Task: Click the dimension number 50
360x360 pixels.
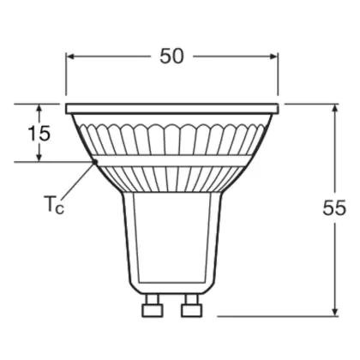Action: pyautogui.click(x=171, y=56)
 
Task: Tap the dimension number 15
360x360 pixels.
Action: pyautogui.click(x=39, y=133)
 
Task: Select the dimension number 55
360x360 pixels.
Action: pyautogui.click(x=334, y=207)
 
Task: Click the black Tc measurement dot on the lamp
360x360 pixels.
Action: pyautogui.click(x=95, y=162)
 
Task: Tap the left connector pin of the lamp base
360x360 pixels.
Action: pyautogui.click(x=153, y=306)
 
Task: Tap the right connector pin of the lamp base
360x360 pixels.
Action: pyautogui.click(x=192, y=306)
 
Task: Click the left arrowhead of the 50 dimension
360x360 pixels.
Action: pyautogui.click(x=70, y=57)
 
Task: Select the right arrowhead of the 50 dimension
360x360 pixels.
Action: pyautogui.click(x=273, y=57)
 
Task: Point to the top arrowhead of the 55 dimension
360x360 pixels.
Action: pyautogui.click(x=335, y=109)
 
